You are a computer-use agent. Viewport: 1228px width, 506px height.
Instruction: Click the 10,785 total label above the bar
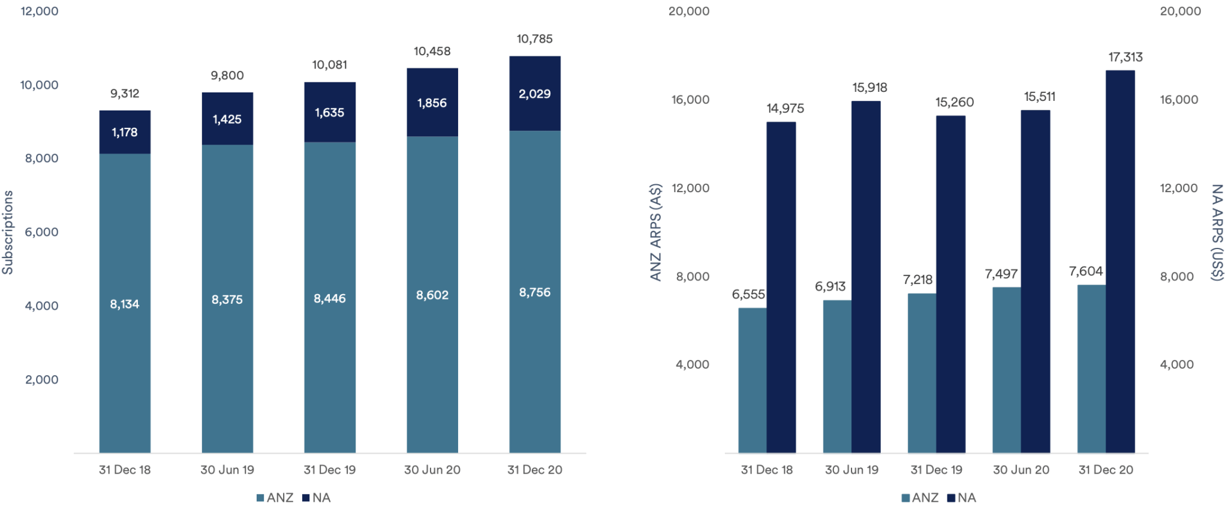pos(534,39)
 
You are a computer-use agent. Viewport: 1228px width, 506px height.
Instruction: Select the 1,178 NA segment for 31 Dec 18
pos(125,132)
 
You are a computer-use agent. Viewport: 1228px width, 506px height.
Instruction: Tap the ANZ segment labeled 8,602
pos(432,295)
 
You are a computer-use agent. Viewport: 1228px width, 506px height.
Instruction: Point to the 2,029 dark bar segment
pos(534,94)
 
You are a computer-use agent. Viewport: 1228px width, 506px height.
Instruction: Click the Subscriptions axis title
pos(8,232)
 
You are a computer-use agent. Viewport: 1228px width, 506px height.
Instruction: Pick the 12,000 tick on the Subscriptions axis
pos(40,11)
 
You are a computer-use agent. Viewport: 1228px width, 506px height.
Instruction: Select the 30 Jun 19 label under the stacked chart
pos(227,470)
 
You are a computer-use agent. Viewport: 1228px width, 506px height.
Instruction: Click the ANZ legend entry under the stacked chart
pos(275,498)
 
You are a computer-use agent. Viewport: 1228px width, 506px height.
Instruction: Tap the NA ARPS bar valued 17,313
pos(1120,261)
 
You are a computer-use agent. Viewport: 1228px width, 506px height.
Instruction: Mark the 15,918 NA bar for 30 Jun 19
pos(866,276)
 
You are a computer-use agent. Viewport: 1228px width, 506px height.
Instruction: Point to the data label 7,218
pos(917,280)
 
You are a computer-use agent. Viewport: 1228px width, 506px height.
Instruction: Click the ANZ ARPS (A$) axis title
pos(655,232)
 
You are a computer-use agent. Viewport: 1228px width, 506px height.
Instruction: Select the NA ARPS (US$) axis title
pos(1217,232)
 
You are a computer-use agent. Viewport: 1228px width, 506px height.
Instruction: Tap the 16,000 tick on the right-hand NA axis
pos(1179,100)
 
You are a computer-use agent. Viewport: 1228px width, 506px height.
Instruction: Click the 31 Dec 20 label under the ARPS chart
pos(1106,470)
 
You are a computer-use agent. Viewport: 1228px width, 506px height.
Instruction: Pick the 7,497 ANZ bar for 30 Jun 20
pos(1007,370)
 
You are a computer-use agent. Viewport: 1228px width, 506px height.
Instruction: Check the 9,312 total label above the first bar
pos(125,94)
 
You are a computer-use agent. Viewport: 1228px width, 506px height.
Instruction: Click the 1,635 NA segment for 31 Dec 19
pos(330,112)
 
